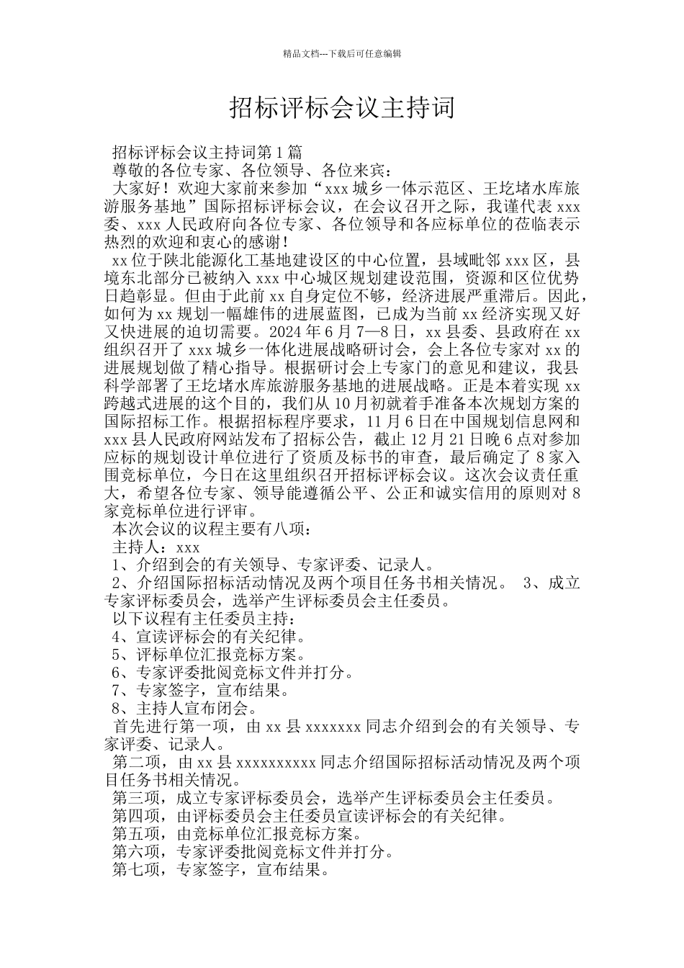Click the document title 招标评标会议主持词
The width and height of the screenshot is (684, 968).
342,107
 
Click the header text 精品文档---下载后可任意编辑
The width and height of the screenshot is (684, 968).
342,53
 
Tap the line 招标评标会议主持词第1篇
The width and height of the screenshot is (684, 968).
207,153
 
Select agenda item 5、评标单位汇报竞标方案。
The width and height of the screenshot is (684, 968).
210,655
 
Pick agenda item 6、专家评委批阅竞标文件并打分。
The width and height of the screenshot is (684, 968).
233,673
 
